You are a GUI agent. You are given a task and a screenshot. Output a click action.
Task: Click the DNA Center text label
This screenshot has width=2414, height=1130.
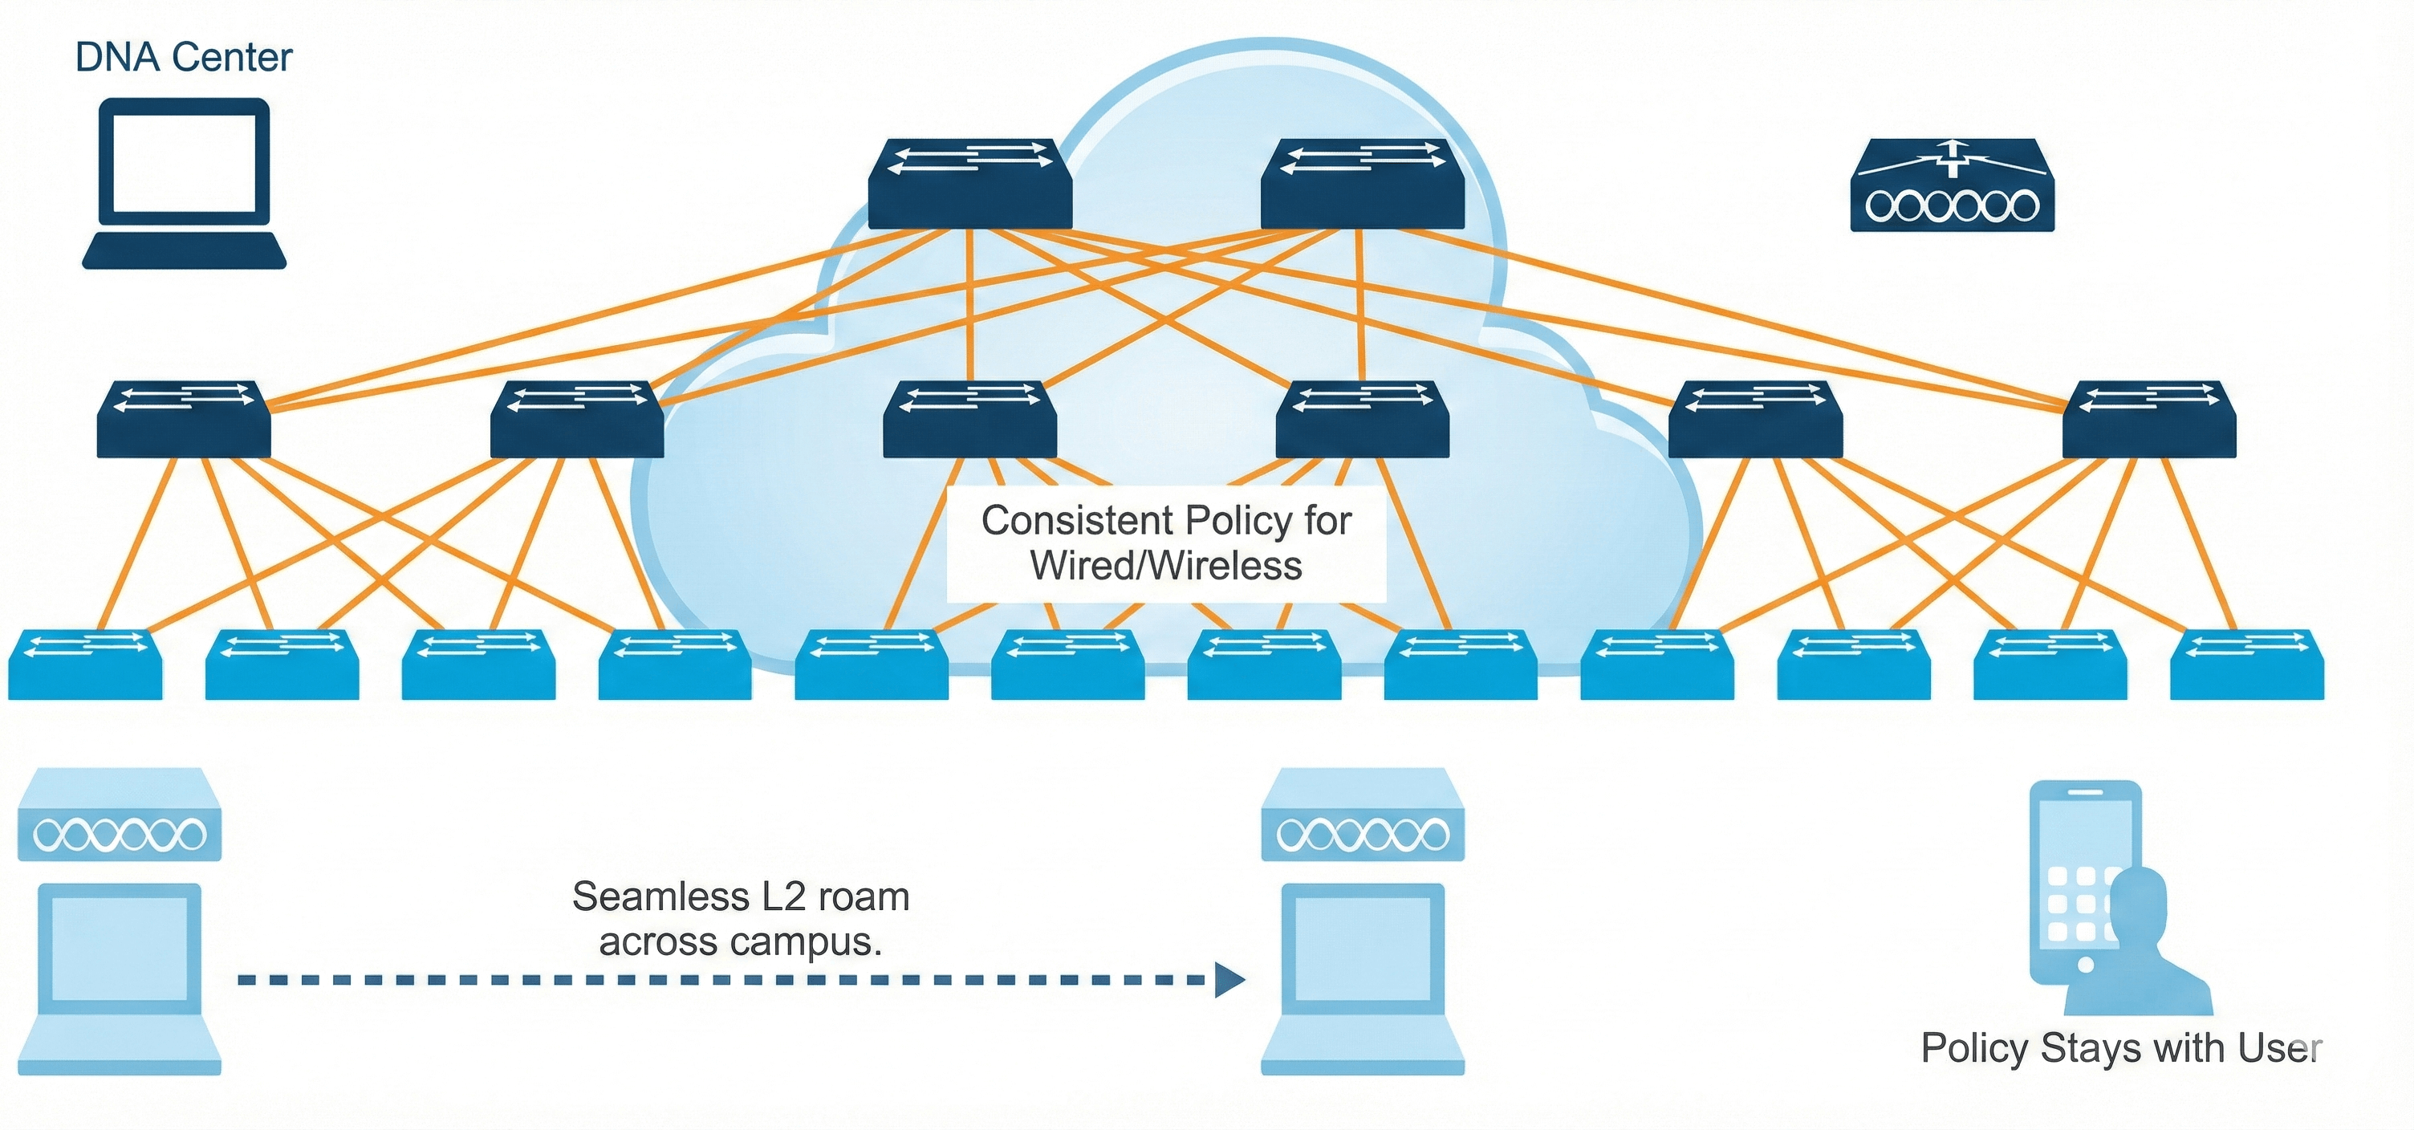(x=184, y=57)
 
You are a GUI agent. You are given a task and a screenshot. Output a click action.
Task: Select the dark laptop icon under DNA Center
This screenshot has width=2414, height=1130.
(x=184, y=184)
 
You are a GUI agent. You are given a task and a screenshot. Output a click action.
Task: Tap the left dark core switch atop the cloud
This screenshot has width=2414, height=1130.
(x=970, y=185)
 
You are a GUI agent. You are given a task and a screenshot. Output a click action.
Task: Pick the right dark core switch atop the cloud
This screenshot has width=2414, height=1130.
(x=1362, y=185)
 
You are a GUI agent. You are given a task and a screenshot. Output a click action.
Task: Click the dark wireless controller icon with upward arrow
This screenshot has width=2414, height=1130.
(x=1952, y=185)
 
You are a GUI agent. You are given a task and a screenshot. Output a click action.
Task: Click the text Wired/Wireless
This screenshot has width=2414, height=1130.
(x=1166, y=566)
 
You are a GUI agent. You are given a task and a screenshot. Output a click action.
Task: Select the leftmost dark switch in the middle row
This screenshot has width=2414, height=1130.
(x=184, y=420)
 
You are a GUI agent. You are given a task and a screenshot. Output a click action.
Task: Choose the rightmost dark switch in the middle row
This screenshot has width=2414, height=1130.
(x=2149, y=420)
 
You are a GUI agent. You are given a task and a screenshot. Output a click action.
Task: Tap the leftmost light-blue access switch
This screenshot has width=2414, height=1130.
(x=85, y=665)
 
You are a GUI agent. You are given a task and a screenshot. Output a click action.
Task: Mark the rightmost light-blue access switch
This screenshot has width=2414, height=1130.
(x=2246, y=665)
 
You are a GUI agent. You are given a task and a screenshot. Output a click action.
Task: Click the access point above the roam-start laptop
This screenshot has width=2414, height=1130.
(x=120, y=815)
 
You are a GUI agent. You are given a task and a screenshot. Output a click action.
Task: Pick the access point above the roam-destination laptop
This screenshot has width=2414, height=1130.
(x=1363, y=815)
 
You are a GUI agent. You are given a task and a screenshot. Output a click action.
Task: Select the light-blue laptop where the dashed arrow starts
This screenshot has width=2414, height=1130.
(x=120, y=978)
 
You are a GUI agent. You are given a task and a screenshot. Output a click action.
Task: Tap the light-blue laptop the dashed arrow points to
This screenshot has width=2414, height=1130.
(x=1363, y=978)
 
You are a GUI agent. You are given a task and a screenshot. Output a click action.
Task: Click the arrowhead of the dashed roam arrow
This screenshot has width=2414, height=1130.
(x=1229, y=980)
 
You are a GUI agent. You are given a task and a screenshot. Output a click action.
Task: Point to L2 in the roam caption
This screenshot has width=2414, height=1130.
(x=782, y=897)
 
